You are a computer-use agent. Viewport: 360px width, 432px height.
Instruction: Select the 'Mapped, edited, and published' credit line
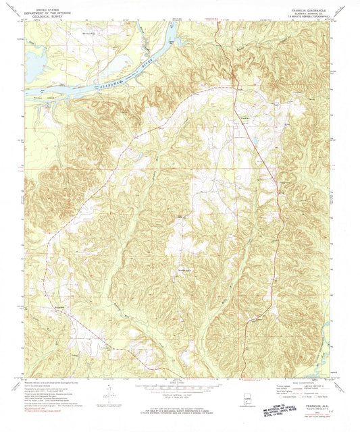click(51, 381)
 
